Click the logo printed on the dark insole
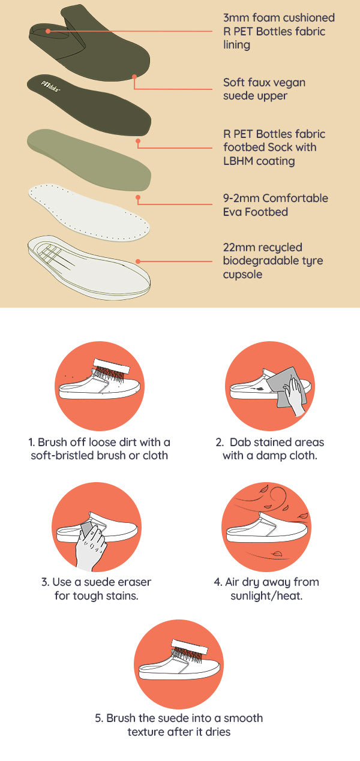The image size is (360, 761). [51, 86]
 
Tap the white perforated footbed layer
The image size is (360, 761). [89, 212]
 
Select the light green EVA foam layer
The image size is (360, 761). [89, 160]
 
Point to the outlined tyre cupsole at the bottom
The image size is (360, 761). [89, 267]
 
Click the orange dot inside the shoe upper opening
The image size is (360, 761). [48, 31]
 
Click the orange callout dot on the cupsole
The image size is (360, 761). [138, 261]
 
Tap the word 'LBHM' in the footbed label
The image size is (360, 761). [238, 161]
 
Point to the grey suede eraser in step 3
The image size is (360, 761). [86, 529]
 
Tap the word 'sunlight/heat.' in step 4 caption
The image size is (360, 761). [266, 596]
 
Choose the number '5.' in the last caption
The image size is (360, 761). [99, 718]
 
